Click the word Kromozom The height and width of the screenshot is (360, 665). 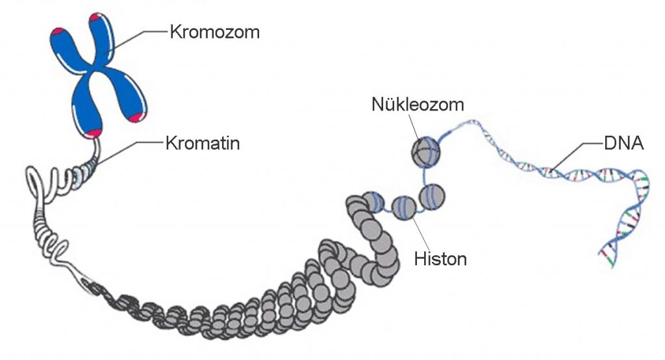pos(214,31)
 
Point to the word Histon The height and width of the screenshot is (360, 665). pos(440,259)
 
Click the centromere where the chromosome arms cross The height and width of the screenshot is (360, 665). pos(95,67)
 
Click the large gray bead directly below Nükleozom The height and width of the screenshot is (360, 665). pos(425,151)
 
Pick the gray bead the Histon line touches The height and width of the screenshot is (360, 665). pos(403,209)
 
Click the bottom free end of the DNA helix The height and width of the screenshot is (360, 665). pos(611,264)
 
